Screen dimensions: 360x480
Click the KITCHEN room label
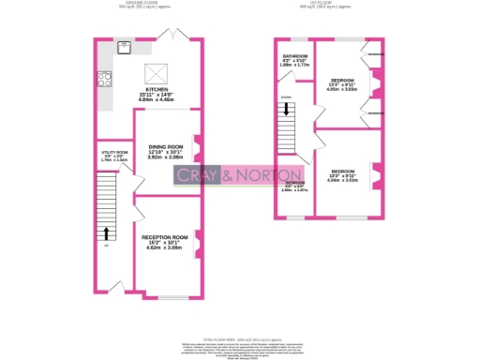click(x=157, y=89)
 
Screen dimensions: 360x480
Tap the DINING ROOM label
click(x=165, y=147)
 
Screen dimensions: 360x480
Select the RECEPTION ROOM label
click(x=165, y=238)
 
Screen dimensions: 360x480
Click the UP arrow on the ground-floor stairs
click(x=107, y=233)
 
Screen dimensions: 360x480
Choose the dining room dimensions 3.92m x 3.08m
click(x=165, y=158)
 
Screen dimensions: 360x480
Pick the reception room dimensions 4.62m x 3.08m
click(x=165, y=248)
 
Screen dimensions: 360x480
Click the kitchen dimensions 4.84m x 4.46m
click(x=157, y=100)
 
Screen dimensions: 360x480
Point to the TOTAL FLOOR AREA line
click(x=239, y=337)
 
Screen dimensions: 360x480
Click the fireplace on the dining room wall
click(x=196, y=145)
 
